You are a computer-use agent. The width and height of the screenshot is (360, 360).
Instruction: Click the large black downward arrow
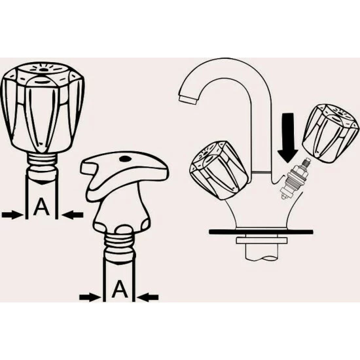coord(288,137)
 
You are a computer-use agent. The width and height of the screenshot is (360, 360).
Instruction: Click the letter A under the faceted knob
coord(41,207)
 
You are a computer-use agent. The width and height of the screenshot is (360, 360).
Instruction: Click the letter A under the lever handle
coord(120,289)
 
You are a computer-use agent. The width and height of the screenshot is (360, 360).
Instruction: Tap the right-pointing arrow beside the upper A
coord(12,215)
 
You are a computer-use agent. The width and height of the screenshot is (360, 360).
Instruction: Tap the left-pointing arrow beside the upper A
coord(73,215)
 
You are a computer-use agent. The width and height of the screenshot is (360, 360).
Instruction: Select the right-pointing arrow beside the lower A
coord(90,298)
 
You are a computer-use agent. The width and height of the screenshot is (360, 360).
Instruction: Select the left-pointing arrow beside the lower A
coord(149,298)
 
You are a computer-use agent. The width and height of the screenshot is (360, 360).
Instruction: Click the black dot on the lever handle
coord(124,158)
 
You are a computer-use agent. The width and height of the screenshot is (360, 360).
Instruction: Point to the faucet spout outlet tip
coord(187,100)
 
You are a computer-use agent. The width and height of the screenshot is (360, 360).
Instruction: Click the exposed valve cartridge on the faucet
coord(295,178)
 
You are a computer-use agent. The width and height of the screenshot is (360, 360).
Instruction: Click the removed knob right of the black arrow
coord(331,134)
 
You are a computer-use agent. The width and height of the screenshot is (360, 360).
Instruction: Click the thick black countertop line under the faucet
coord(261,232)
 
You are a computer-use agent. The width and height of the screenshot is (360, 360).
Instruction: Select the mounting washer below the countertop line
coord(262,241)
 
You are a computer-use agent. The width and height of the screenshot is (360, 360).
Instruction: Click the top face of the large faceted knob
coord(43,70)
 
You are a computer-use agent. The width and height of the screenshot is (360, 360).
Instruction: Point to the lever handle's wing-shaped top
coord(124,169)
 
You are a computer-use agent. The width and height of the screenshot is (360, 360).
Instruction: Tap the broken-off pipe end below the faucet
coord(262,253)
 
